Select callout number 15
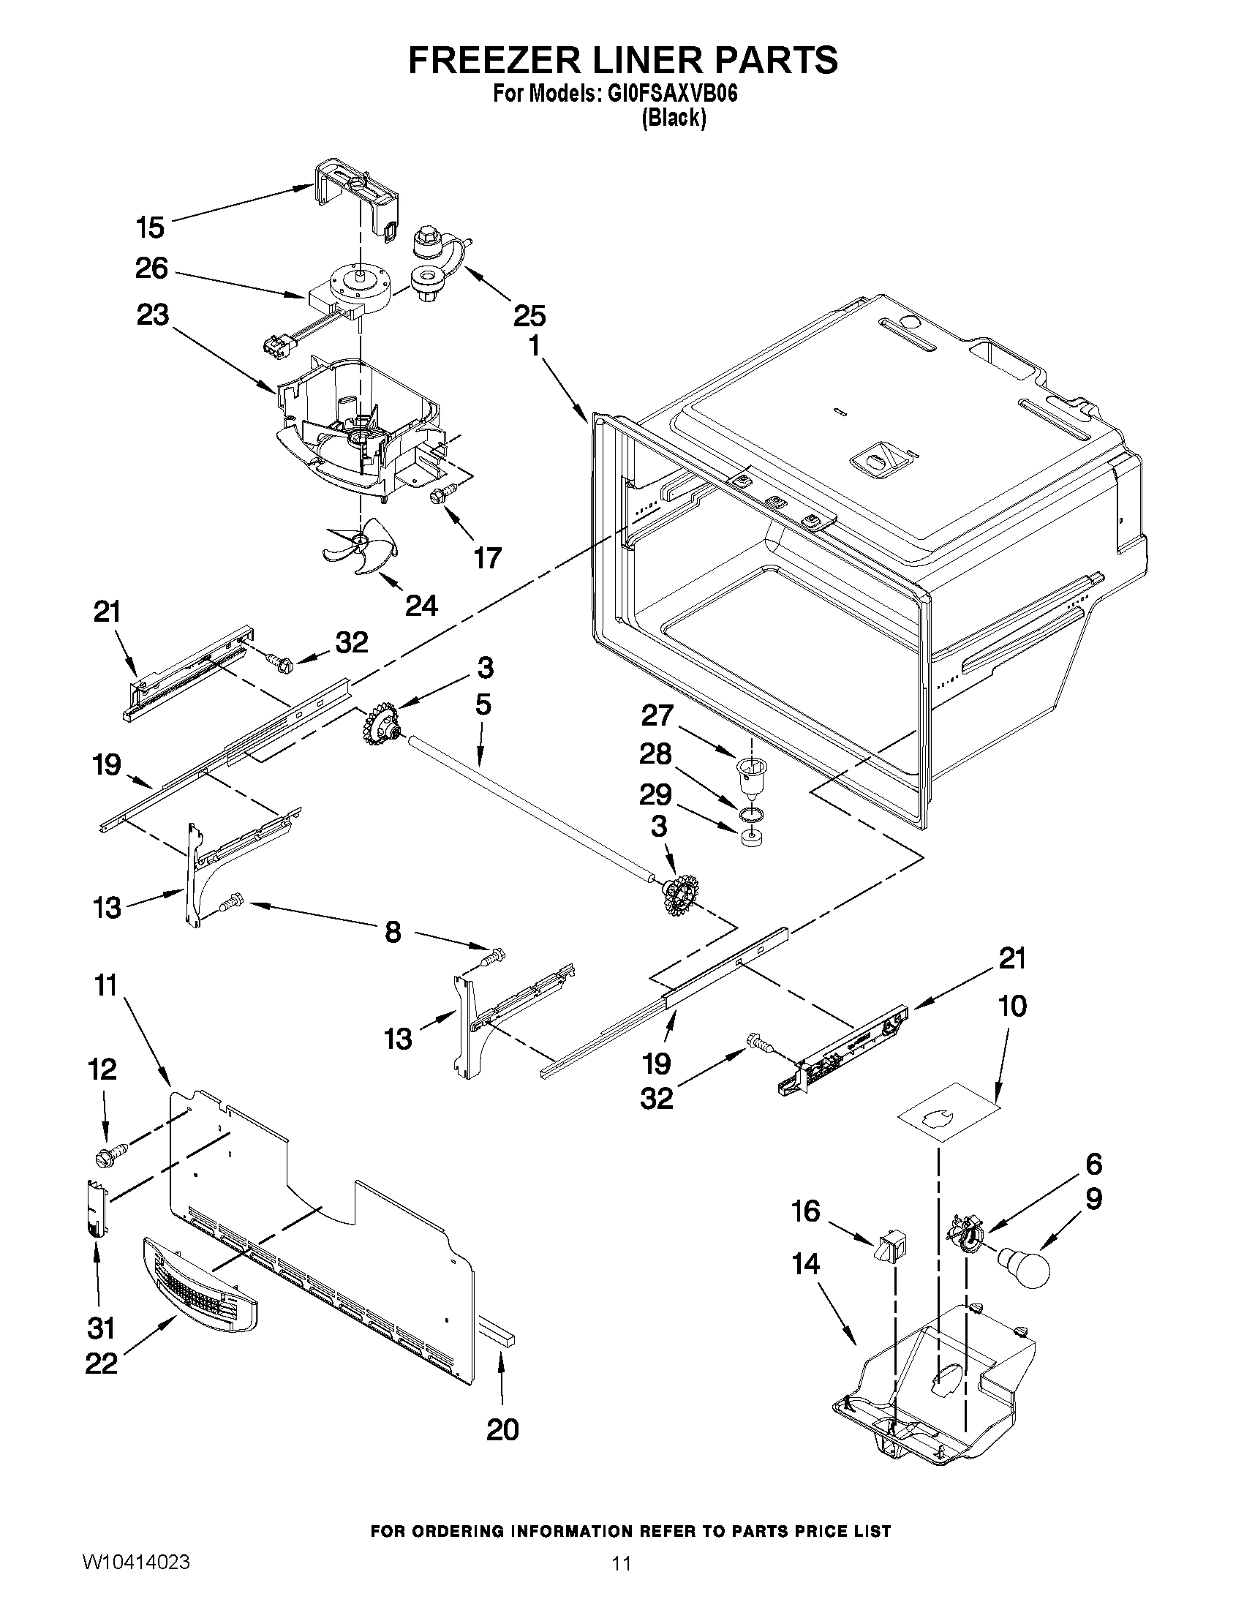pyautogui.click(x=150, y=227)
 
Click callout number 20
pyautogui.click(x=502, y=1429)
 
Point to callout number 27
pyautogui.click(x=657, y=715)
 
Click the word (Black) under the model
pyautogui.click(x=674, y=118)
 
